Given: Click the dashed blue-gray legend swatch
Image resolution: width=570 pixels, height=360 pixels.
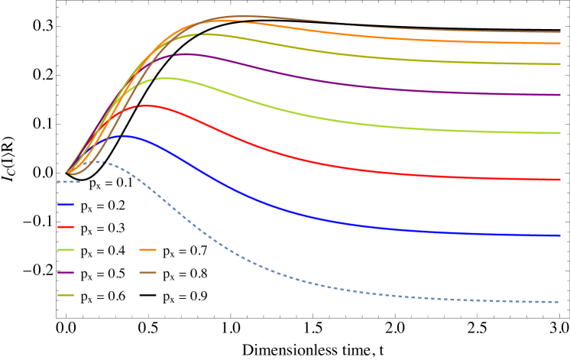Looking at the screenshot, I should (68, 182).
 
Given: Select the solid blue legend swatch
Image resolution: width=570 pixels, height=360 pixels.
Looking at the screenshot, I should (66, 204).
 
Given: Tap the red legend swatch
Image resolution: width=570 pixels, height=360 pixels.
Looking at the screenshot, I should (66, 227).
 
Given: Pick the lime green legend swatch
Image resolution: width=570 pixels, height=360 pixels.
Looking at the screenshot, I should (66, 250).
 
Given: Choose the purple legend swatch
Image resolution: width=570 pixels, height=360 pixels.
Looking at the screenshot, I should (66, 272).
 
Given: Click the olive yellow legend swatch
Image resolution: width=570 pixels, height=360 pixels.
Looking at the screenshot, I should (66, 295).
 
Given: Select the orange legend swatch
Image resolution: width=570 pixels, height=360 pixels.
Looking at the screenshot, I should (148, 250).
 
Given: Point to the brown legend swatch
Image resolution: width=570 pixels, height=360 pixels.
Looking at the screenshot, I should (148, 272).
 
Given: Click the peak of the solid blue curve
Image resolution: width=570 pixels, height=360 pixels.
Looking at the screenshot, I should (124, 136).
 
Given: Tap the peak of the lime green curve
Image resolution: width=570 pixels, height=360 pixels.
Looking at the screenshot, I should (164, 78).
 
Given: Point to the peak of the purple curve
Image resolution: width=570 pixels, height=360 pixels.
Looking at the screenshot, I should (183, 54).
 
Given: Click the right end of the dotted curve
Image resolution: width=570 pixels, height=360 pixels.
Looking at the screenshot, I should (559, 302).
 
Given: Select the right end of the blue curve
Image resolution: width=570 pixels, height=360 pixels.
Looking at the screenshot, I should (559, 235).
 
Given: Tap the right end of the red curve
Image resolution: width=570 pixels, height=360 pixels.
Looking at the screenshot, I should (559, 180).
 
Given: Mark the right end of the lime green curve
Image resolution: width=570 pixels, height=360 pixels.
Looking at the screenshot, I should (559, 133).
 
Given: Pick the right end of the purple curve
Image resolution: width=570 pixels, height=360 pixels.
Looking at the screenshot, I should (559, 95).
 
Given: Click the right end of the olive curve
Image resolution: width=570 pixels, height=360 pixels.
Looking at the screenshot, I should (559, 64).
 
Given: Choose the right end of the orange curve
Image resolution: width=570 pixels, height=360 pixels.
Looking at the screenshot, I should (559, 44).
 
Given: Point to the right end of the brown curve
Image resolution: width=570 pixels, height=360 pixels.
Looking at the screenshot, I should (559, 32).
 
